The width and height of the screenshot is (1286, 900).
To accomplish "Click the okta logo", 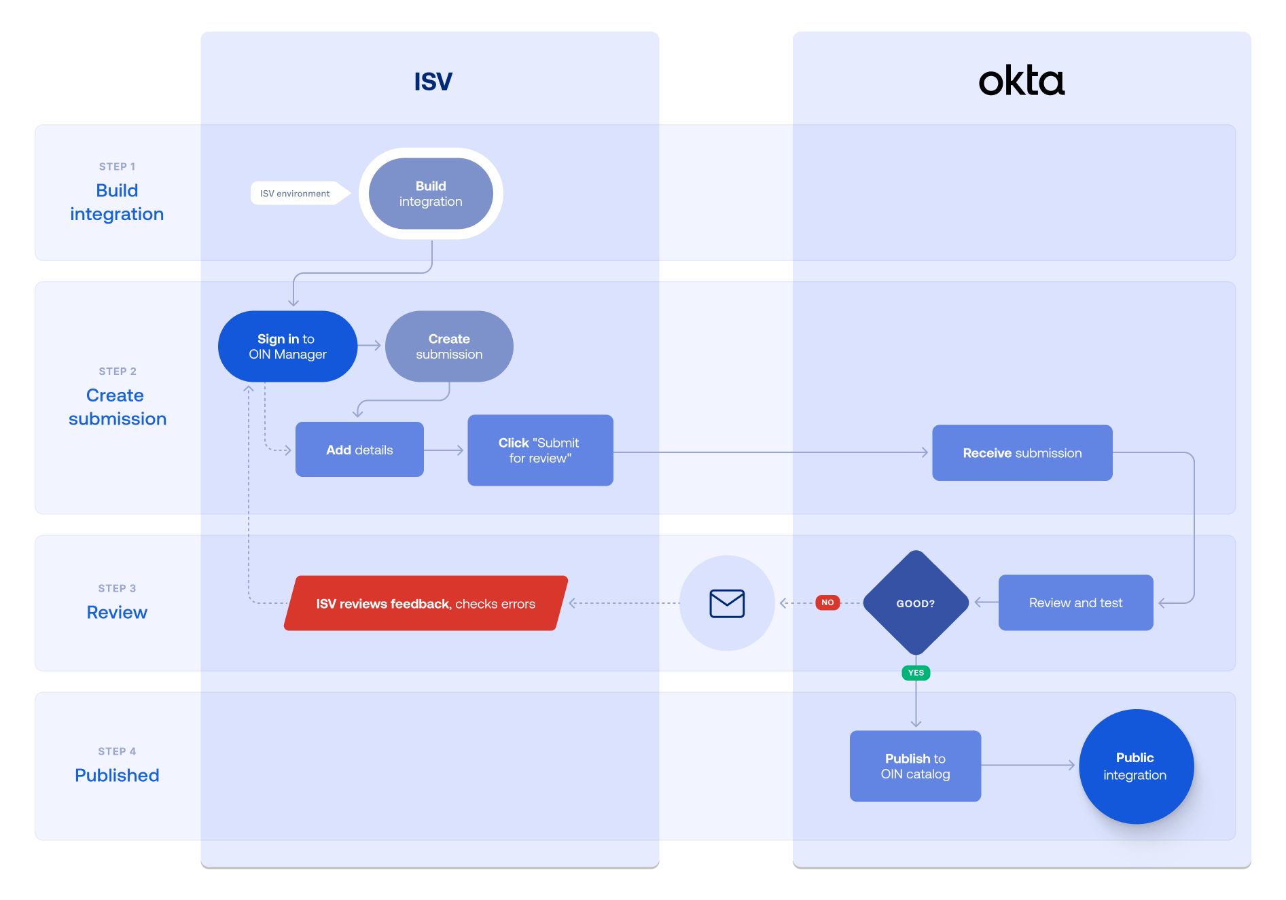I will (x=1021, y=82).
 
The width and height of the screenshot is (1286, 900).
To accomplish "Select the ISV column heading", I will (x=433, y=82).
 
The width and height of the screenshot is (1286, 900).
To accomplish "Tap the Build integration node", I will (x=431, y=194).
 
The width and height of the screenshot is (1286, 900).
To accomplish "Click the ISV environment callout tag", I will (x=295, y=194).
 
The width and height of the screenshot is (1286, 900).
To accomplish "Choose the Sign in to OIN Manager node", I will (x=287, y=346).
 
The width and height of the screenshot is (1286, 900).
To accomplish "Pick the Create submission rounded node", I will (x=449, y=346).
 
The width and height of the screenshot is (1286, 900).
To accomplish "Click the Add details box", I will (x=359, y=450).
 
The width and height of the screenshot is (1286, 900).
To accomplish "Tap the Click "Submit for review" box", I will (x=540, y=450).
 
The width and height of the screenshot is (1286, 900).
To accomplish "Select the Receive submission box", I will (x=1022, y=453).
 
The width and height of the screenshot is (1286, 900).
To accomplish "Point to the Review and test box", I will (x=1075, y=602).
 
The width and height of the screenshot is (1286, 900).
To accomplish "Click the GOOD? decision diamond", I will (x=915, y=603).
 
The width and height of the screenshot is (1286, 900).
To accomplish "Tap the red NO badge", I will (x=827, y=602).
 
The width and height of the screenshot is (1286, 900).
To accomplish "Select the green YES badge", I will (x=916, y=673).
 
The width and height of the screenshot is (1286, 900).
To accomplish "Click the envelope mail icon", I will (x=727, y=603).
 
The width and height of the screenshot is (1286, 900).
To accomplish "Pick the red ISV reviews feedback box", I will (x=425, y=603).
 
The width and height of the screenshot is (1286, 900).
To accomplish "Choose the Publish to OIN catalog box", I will (x=915, y=766).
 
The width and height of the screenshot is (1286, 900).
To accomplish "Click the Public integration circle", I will (x=1135, y=766).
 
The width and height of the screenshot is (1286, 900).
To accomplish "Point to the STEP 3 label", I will (x=117, y=588).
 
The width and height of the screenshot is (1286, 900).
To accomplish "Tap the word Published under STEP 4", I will (x=117, y=775).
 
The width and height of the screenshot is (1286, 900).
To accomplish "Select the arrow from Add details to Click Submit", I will (x=445, y=450).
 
